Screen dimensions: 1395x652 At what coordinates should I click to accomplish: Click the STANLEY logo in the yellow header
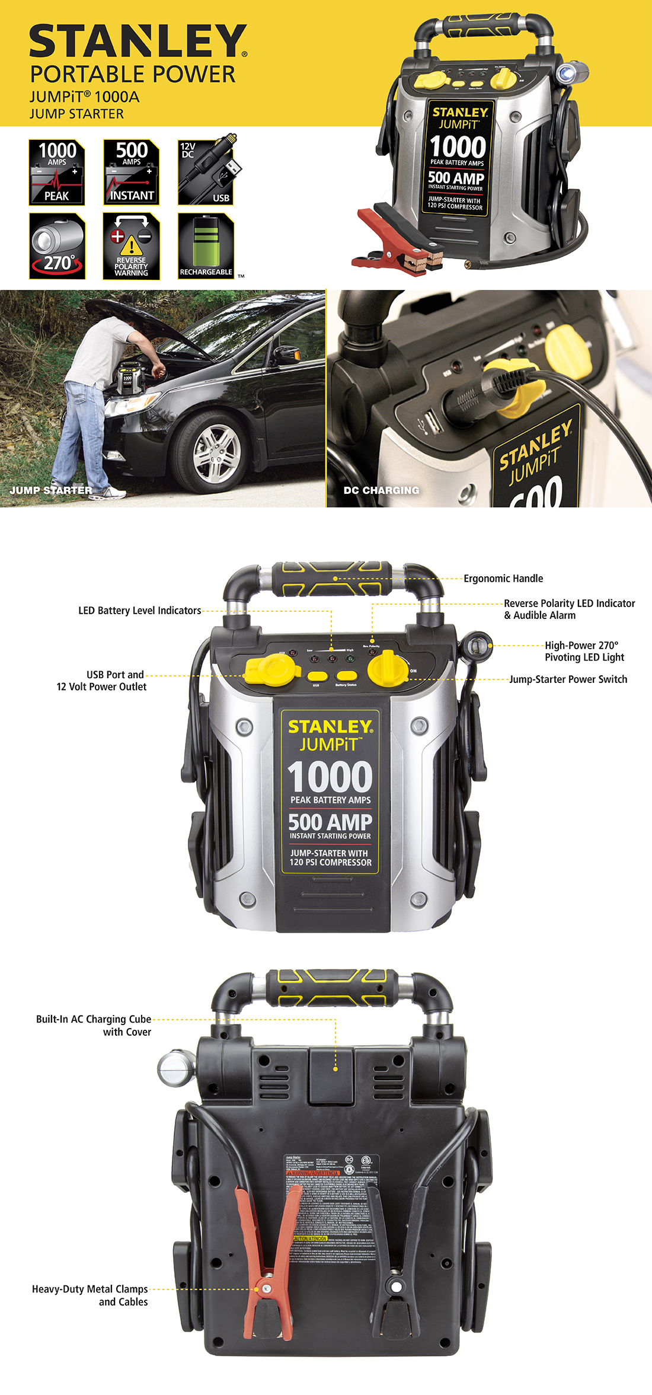(138, 41)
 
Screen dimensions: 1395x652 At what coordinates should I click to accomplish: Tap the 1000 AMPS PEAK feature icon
(57, 172)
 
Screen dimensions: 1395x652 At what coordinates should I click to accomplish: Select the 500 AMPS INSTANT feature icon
(131, 172)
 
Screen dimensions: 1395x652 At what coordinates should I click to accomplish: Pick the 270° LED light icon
(57, 246)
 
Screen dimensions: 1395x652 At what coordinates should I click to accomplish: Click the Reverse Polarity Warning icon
(131, 246)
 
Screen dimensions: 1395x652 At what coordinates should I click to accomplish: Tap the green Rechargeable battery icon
(206, 246)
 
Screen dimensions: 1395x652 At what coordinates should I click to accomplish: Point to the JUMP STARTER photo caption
(51, 490)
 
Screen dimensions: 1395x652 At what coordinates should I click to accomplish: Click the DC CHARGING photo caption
(381, 490)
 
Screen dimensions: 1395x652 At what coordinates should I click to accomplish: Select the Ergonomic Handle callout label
(503, 579)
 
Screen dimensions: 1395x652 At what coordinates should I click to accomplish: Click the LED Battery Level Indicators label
(140, 611)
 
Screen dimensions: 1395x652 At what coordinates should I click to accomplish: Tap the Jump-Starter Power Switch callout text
(568, 679)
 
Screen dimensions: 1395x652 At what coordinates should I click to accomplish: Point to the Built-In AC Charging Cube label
(94, 1025)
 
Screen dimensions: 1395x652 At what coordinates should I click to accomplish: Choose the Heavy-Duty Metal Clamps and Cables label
(90, 1295)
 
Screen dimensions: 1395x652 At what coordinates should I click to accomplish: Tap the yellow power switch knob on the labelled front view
(388, 668)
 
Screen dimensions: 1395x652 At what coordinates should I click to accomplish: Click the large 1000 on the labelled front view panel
(330, 777)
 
